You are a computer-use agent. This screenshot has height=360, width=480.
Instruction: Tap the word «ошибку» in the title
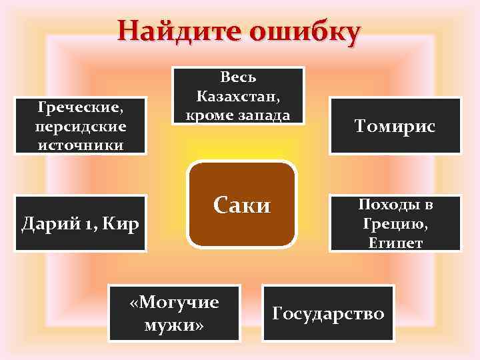pos(304,31)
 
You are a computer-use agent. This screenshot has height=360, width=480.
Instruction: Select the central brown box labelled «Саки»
pos(242,204)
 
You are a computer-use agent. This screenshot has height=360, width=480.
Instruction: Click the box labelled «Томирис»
pos(395,126)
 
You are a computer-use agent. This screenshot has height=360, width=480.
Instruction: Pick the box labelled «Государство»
pos(328,312)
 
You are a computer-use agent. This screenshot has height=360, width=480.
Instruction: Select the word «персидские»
pos(81,125)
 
